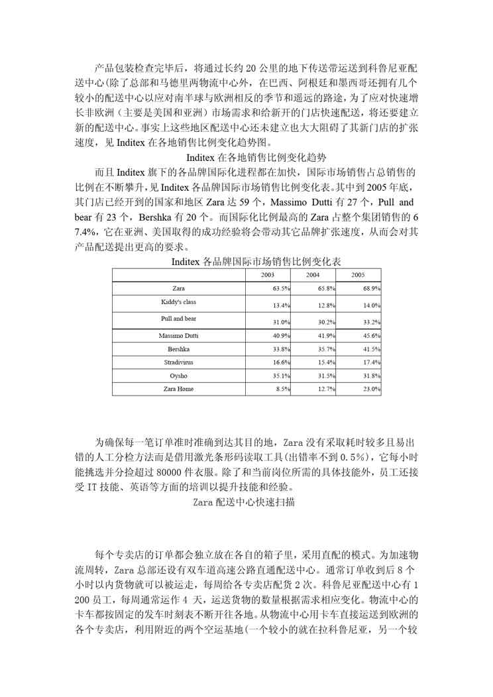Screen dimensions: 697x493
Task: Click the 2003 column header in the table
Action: pyautogui.click(x=268, y=274)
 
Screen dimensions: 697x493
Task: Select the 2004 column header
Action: pyautogui.click(x=313, y=274)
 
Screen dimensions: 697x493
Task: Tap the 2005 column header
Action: pyautogui.click(x=358, y=274)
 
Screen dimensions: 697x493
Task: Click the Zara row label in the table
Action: pyautogui.click(x=178, y=289)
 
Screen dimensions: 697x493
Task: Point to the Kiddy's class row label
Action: pyautogui.click(x=178, y=302)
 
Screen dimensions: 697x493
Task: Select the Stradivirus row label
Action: pyautogui.click(x=178, y=362)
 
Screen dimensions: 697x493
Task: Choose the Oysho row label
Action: pyautogui.click(x=178, y=376)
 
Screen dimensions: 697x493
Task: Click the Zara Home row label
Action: pyautogui.click(x=178, y=389)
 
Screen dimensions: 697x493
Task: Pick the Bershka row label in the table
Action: pyautogui.click(x=178, y=348)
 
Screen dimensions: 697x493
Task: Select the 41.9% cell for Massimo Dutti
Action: pyautogui.click(x=327, y=336)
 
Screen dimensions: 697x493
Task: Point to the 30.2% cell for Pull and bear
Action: pyautogui.click(x=327, y=322)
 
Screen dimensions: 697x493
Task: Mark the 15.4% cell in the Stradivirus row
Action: pyautogui.click(x=327, y=362)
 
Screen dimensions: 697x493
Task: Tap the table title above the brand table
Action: pyautogui.click(x=246, y=262)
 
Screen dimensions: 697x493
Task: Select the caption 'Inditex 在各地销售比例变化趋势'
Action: pyautogui.click(x=246, y=158)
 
